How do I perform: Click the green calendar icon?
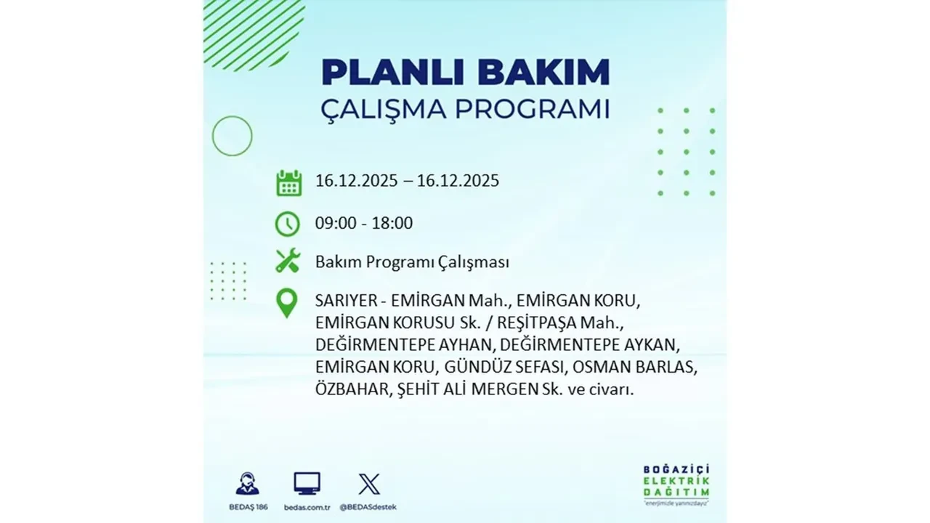288,182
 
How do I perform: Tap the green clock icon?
288,224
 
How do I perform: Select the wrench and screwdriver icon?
288,261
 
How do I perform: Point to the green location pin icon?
288,303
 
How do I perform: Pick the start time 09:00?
336,223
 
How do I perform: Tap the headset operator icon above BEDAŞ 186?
247,484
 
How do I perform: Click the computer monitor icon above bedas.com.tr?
307,483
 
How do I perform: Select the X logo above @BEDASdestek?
368,484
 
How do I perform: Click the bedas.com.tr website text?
307,506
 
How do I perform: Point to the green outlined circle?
232,136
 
